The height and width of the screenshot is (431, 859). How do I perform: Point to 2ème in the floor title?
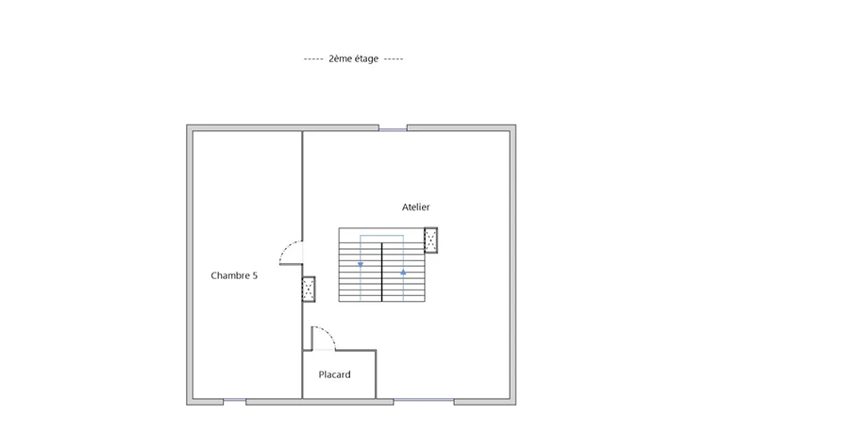339,58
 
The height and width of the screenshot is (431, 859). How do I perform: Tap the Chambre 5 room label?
234,275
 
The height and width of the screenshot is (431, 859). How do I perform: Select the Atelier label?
415,207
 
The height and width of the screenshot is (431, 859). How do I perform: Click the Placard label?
335,374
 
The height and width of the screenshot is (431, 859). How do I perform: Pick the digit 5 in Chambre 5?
255,275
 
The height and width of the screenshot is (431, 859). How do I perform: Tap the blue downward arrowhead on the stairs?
361,265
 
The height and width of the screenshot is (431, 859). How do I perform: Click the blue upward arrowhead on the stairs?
403,272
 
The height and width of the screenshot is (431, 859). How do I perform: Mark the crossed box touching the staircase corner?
430,240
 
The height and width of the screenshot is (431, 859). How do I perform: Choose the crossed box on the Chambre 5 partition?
309,290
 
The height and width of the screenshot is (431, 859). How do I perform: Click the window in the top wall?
393,130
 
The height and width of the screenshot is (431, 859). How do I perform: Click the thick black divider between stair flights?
382,273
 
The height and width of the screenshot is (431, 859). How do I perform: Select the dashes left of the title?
313,58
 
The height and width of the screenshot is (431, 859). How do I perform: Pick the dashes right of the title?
394,58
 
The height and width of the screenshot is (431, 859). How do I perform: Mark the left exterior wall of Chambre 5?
190,265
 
